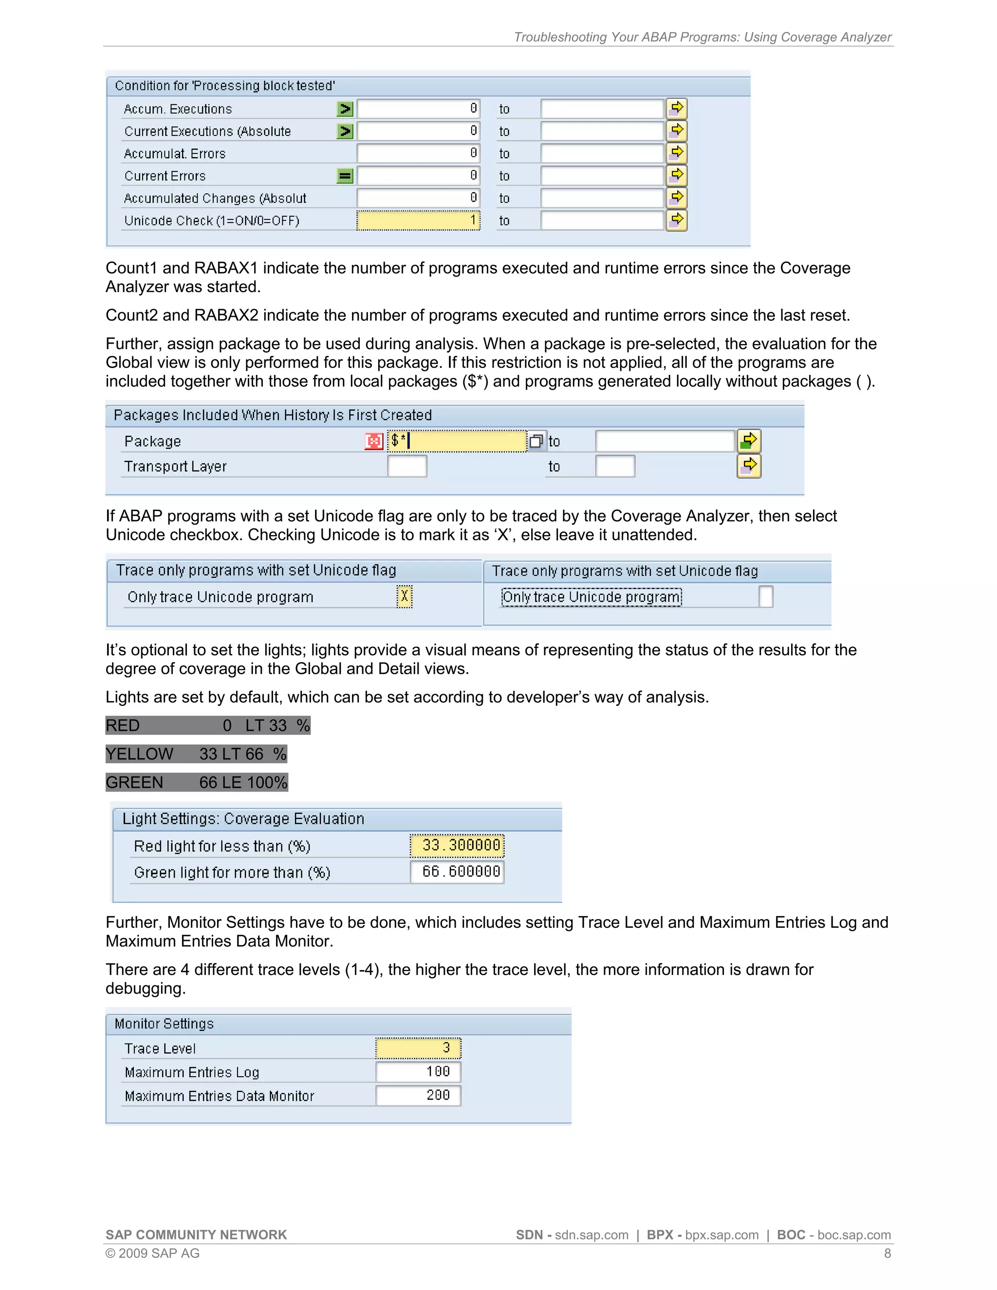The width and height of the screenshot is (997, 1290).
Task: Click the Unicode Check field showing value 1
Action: [x=418, y=221]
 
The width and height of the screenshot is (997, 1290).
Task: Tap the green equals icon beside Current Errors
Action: [x=345, y=176]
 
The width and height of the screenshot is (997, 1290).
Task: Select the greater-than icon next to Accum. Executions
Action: [x=345, y=109]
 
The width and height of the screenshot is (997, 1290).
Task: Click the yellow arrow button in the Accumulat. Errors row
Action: [x=677, y=153]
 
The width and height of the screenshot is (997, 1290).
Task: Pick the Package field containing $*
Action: [x=457, y=441]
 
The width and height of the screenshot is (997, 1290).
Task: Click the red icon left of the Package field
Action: [x=374, y=441]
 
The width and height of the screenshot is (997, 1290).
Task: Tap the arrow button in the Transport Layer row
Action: [x=749, y=466]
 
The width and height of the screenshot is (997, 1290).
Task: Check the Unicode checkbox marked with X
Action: [x=405, y=597]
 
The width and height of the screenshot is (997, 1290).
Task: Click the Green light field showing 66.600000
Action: [x=457, y=872]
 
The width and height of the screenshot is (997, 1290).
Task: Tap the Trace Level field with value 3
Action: [x=418, y=1048]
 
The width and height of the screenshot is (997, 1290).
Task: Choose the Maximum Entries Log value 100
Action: [x=418, y=1071]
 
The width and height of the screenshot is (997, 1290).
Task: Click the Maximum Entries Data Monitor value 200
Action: [x=418, y=1096]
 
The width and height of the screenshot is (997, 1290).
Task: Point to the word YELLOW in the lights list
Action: [x=139, y=754]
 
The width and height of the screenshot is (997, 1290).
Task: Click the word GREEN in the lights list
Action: [x=135, y=783]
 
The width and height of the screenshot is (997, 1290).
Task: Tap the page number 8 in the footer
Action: [x=887, y=1253]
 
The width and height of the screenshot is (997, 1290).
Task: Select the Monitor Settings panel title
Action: [x=164, y=1024]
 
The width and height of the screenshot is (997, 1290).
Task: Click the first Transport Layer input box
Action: [x=407, y=466]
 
